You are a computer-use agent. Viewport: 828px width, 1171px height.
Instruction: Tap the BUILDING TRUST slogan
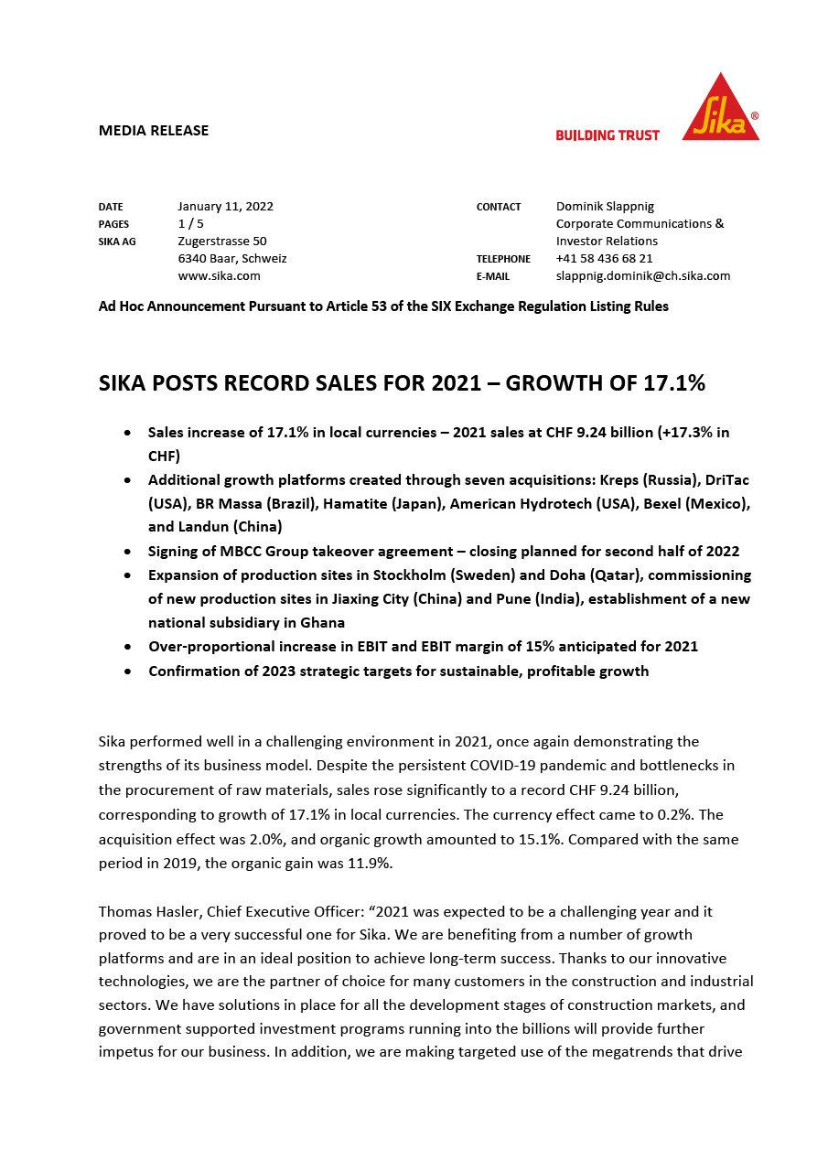tap(608, 135)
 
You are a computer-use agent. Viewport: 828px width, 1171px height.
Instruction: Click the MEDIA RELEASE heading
tap(154, 130)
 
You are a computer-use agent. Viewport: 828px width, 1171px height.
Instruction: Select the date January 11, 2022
tap(225, 207)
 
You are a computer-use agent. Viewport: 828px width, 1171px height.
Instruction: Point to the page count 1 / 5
tap(190, 224)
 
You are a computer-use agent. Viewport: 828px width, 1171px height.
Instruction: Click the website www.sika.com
tap(219, 275)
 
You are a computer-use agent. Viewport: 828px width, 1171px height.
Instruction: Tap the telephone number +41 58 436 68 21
tap(604, 259)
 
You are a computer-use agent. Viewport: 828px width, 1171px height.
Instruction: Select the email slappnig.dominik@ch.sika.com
tap(642, 275)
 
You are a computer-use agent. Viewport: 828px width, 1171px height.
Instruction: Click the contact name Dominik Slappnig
tap(605, 207)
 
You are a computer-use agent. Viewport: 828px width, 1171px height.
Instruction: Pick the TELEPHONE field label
tap(503, 260)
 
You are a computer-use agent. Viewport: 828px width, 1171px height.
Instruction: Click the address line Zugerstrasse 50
tap(222, 242)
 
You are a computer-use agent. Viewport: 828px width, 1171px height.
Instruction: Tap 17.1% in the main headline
tap(672, 383)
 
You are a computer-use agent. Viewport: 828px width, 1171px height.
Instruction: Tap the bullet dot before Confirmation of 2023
tap(128, 671)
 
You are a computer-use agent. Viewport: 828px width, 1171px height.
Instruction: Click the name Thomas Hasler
tap(149, 911)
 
